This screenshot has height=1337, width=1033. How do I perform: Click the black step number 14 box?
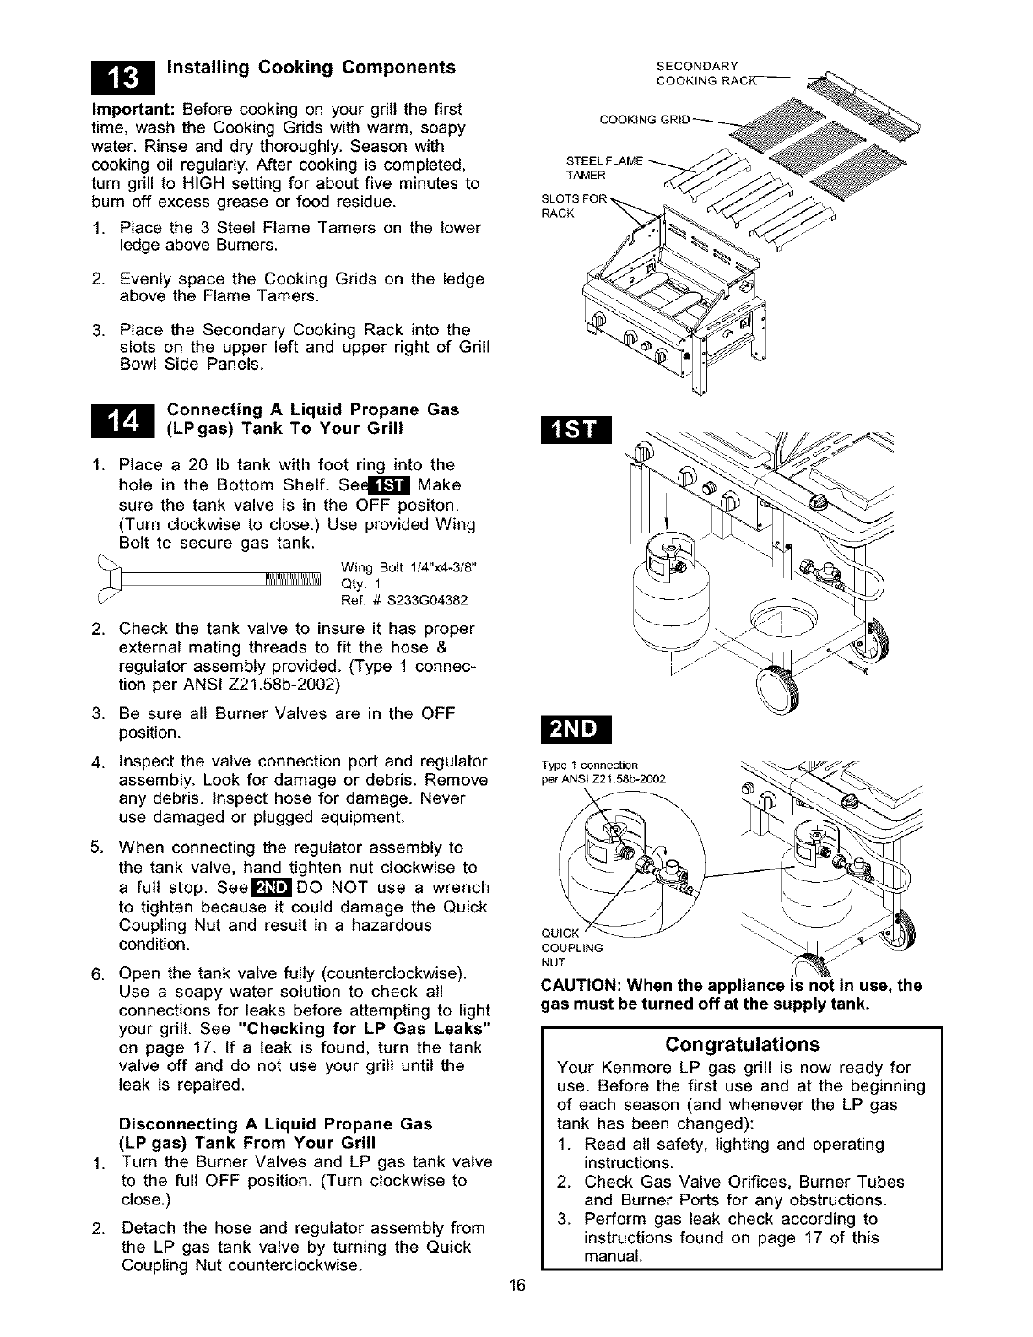coord(121,419)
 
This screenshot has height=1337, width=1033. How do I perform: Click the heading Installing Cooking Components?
coord(311,68)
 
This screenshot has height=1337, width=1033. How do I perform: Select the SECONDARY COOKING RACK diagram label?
coord(697,73)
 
